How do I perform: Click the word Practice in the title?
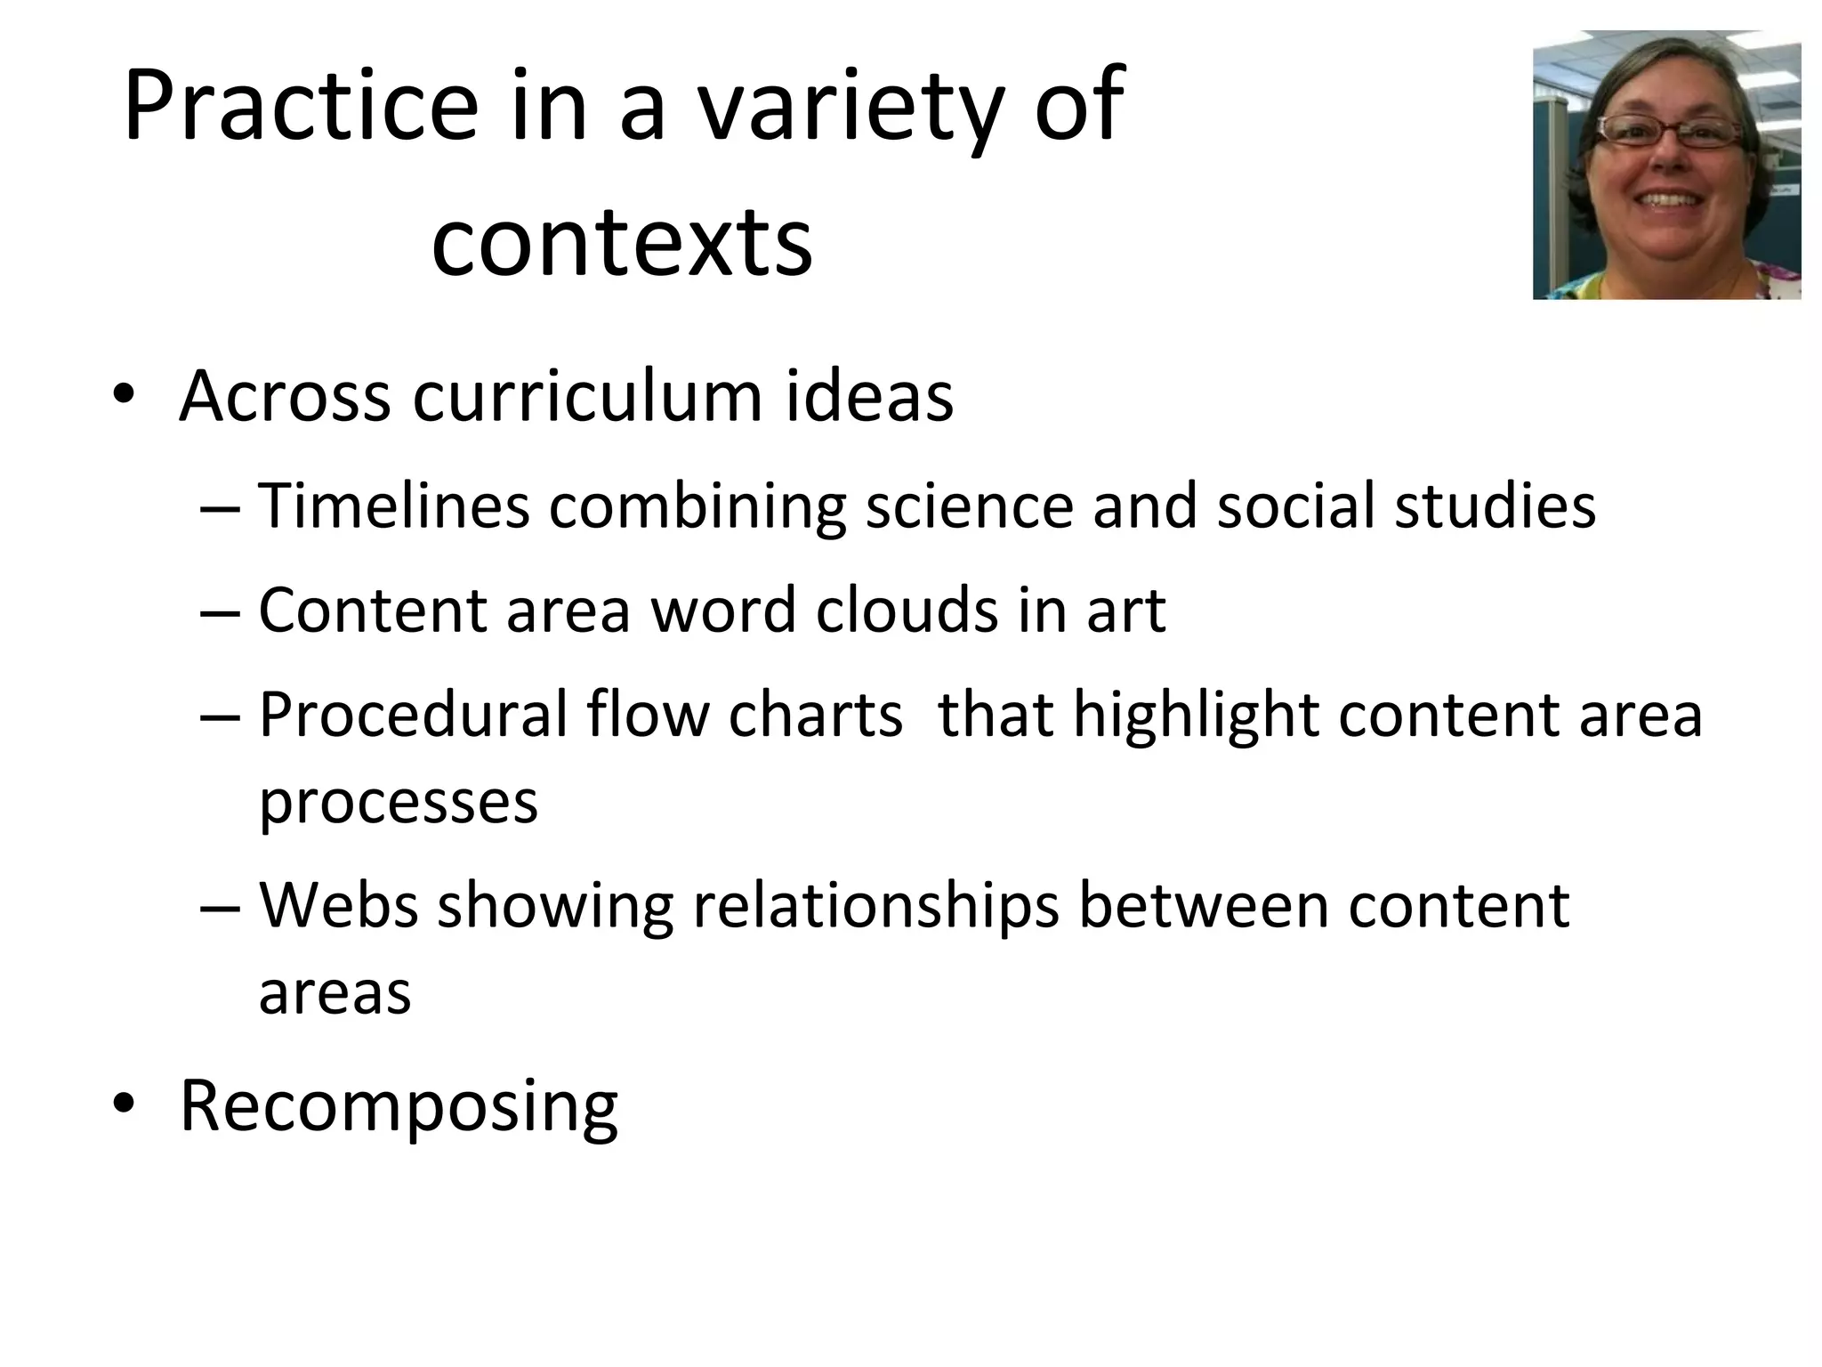[x=301, y=107]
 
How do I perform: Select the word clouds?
[x=907, y=611]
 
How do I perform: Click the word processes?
[x=399, y=801]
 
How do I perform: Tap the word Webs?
[x=338, y=906]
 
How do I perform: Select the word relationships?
[x=875, y=906]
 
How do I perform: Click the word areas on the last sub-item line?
[x=335, y=991]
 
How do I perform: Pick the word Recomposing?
[x=399, y=1107]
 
